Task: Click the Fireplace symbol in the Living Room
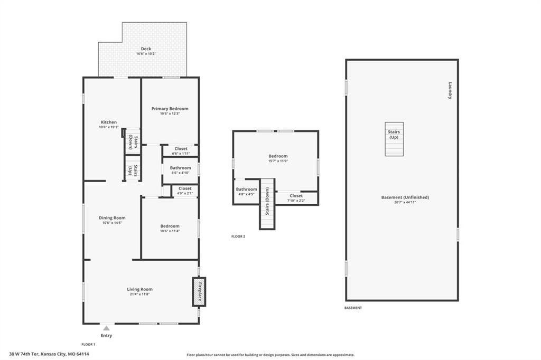click(199, 292)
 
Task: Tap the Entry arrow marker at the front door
click(106, 328)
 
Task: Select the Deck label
click(146, 49)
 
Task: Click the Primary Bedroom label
click(170, 109)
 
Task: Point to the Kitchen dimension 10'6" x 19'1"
click(109, 127)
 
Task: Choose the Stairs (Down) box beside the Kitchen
click(133, 141)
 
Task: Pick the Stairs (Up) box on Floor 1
click(133, 168)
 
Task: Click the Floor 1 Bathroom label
click(181, 168)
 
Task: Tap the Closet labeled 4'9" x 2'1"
click(185, 191)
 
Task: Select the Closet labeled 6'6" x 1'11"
click(181, 150)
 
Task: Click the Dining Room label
click(112, 218)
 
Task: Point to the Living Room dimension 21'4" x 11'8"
click(139, 295)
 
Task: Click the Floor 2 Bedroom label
click(278, 156)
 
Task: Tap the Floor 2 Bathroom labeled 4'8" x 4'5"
click(246, 192)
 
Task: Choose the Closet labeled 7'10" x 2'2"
click(296, 198)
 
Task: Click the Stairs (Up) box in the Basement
click(394, 139)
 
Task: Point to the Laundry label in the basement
click(450, 90)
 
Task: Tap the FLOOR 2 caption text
click(238, 236)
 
